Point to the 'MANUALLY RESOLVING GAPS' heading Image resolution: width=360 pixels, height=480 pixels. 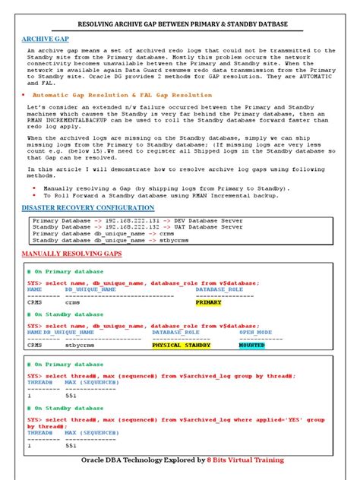tap(62, 253)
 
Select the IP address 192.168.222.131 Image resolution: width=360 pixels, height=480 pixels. tap(115, 220)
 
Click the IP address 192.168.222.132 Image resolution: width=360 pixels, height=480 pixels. tap(115, 226)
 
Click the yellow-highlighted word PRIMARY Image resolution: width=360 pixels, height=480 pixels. tap(209, 302)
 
